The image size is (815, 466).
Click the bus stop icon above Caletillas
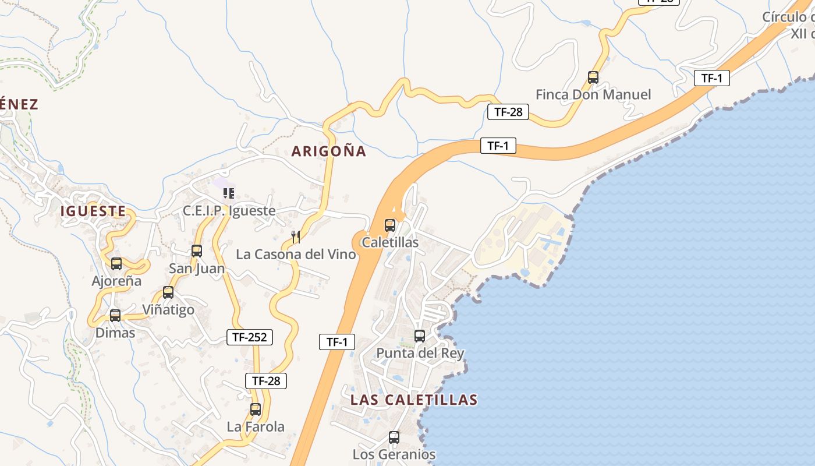[390, 225]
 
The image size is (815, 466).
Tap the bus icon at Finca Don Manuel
[593, 77]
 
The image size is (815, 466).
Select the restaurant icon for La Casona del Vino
[296, 236]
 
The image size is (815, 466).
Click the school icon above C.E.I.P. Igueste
[229, 193]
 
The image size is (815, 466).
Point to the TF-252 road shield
[249, 337]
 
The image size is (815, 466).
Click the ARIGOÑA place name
[329, 151]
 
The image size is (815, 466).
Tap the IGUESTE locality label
[93, 211]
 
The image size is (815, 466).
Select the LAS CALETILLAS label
[414, 400]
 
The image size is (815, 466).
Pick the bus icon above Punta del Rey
[420, 336]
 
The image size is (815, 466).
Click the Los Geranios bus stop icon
[394, 437]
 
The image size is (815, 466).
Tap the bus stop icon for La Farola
[256, 409]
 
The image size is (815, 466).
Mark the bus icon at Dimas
[115, 316]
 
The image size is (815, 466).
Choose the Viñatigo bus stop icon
[168, 292]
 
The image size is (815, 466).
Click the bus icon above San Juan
[197, 251]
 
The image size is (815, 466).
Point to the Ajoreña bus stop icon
[116, 264]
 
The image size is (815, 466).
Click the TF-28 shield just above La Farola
[266, 381]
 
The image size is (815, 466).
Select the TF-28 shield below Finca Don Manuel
[508, 112]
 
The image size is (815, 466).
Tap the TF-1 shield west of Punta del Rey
[337, 342]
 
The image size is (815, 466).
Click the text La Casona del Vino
[296, 255]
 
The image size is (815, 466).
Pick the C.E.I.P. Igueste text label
[229, 211]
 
